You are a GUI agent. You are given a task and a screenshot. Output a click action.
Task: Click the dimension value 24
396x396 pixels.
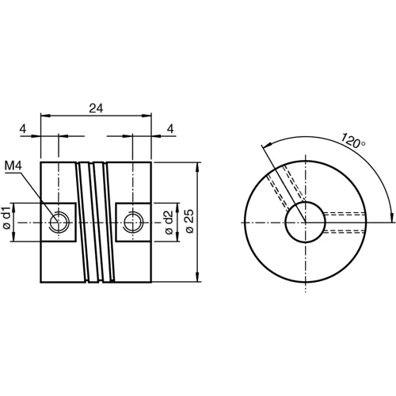96,109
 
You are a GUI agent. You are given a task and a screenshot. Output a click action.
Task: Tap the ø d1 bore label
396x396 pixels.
6,219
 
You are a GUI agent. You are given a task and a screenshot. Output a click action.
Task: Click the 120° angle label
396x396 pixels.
354,142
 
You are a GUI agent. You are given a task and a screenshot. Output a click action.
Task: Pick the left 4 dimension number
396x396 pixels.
23,128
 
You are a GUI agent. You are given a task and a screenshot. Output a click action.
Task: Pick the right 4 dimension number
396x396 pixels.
170,128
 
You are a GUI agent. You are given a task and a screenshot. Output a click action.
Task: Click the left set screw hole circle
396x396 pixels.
59,221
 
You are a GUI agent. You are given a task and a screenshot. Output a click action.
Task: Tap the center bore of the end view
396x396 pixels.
305,221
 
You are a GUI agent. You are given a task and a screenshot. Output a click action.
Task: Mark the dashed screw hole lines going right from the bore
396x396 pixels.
345,221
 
